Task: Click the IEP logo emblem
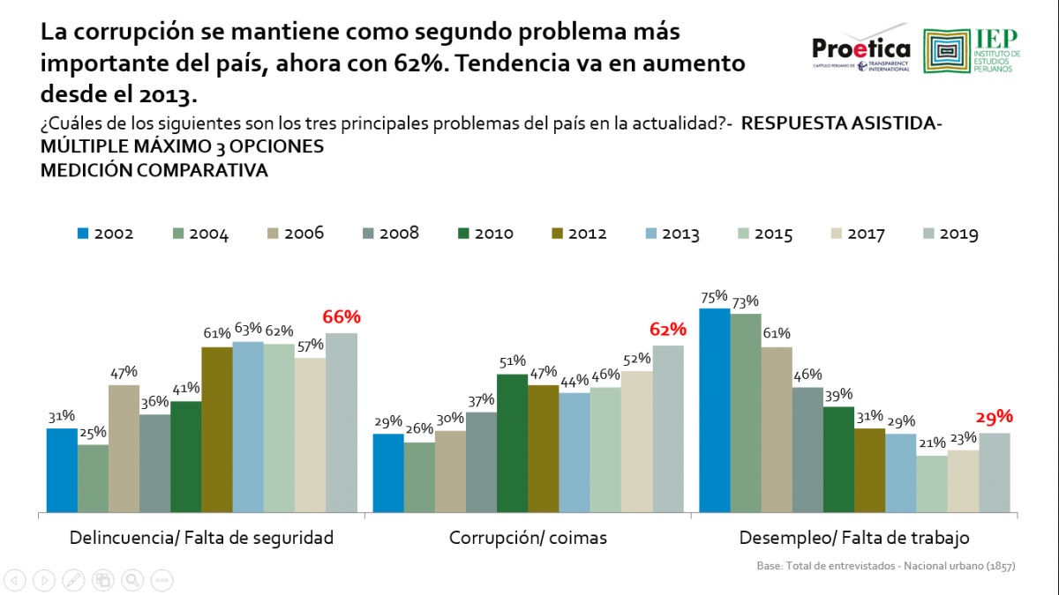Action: pyautogui.click(x=946, y=51)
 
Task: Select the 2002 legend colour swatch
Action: pyautogui.click(x=84, y=234)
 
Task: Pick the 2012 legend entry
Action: pyautogui.click(x=579, y=234)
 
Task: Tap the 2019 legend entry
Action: pyautogui.click(x=950, y=234)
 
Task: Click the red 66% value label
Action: pyautogui.click(x=342, y=317)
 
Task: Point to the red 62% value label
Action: pyautogui.click(x=668, y=330)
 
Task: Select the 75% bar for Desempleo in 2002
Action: pyautogui.click(x=715, y=410)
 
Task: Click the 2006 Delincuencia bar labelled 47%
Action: pyautogui.click(x=124, y=448)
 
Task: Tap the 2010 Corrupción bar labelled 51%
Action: pyautogui.click(x=512, y=443)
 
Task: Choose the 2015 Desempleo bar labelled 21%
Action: pyautogui.click(x=932, y=483)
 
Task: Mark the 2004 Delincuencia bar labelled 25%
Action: pyautogui.click(x=93, y=478)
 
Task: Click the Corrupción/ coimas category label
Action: pyautogui.click(x=528, y=538)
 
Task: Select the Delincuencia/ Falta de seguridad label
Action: pyautogui.click(x=201, y=538)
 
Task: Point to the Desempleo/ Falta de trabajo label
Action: pyautogui.click(x=854, y=538)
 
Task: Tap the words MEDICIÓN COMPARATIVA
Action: pyautogui.click(x=154, y=170)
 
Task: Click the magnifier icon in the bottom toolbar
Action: pyautogui.click(x=132, y=579)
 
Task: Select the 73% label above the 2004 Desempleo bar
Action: pyautogui.click(x=745, y=301)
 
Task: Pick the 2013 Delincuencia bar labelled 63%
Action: pyautogui.click(x=248, y=426)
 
